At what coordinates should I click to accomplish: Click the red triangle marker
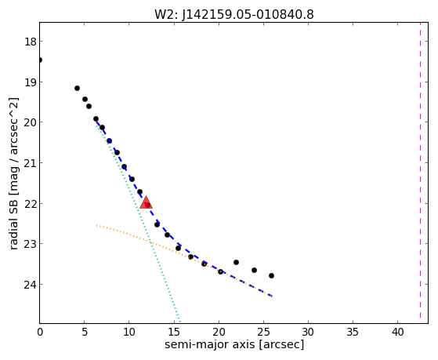pos(146,202)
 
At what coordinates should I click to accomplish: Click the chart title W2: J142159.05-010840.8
pos(234,15)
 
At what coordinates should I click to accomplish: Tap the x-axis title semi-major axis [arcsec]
pos(234,344)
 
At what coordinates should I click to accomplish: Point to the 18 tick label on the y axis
pos(30,42)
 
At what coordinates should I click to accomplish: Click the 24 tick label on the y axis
pos(30,285)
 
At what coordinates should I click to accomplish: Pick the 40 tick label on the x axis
pos(398,333)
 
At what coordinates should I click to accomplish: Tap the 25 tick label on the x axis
pos(263,333)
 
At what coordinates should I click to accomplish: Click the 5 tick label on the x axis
pos(85,333)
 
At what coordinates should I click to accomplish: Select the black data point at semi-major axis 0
pos(40,60)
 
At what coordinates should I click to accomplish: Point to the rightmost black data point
pos(271,275)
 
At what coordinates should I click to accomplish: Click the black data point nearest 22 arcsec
pos(236,262)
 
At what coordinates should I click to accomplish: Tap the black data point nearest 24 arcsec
pos(254,270)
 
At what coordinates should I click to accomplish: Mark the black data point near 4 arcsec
pos(77,88)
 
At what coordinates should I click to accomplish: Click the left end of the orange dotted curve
pos(96,225)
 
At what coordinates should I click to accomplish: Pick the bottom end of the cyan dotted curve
pos(180,322)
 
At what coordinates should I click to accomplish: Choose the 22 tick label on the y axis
pos(30,204)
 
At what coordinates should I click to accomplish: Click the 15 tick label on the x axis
pos(174,333)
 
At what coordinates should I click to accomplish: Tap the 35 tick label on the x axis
pos(353,333)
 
